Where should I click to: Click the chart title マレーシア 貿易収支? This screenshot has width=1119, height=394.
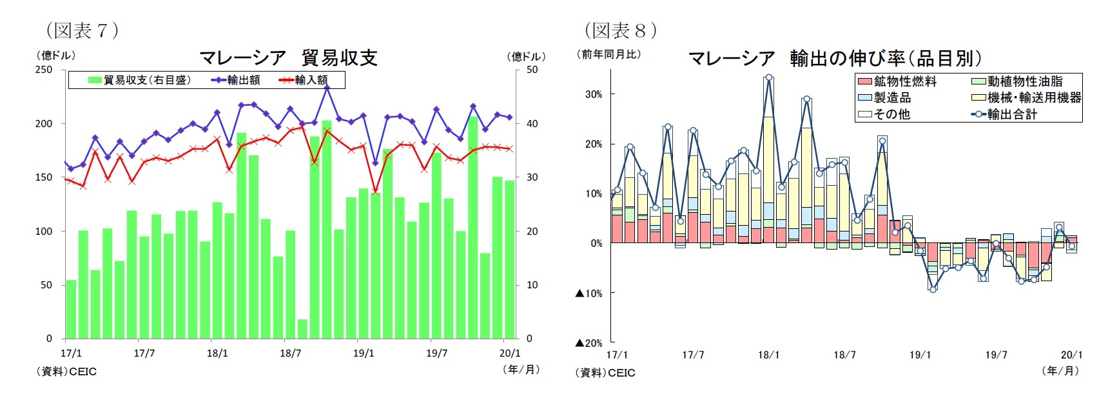[x=288, y=57]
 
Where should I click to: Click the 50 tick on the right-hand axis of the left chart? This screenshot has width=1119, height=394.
[x=532, y=70]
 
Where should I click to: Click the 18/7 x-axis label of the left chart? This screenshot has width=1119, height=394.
[x=291, y=353]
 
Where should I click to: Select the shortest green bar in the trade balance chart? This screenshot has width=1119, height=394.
[x=302, y=328]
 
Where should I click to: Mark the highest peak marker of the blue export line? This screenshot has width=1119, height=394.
[x=327, y=87]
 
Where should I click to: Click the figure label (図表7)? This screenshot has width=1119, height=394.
[x=82, y=30]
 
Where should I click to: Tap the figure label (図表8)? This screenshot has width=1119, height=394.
[x=621, y=30]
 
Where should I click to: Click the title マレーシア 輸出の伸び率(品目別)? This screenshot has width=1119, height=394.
[x=835, y=59]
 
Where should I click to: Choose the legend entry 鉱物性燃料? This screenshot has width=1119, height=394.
[x=905, y=82]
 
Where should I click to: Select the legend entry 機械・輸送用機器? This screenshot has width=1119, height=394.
[x=1034, y=98]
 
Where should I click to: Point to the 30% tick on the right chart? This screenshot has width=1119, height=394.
[x=594, y=94]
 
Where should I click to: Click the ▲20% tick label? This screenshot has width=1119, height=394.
[x=589, y=343]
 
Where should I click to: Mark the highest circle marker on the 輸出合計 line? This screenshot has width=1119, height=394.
[x=768, y=78]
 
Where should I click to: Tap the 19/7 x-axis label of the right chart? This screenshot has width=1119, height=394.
[x=996, y=355]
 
